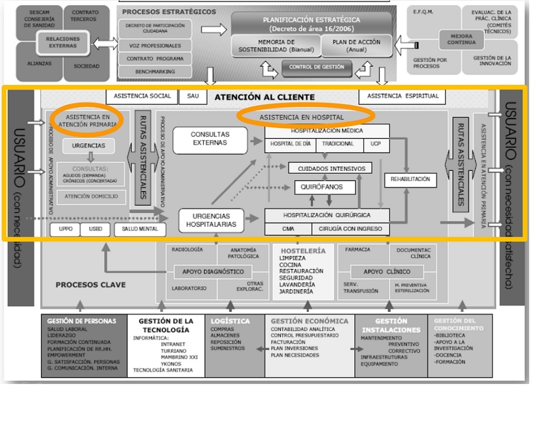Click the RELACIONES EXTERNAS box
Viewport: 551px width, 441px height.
pyautogui.click(x=63, y=42)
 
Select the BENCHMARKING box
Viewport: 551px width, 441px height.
pyautogui.click(x=155, y=72)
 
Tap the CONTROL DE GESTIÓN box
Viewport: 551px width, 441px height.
pyautogui.click(x=316, y=68)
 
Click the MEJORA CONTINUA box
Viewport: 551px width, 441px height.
pyautogui.click(x=462, y=40)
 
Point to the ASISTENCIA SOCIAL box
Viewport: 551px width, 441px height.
pyautogui.click(x=142, y=96)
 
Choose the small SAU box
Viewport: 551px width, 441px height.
pyautogui.click(x=192, y=96)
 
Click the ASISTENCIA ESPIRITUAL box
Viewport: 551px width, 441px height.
pyautogui.click(x=402, y=96)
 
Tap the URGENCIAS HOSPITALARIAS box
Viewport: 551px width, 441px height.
pyautogui.click(x=211, y=220)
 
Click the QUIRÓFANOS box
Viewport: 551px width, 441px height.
pyautogui.click(x=325, y=187)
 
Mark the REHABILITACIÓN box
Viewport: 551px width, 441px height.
pyautogui.click(x=411, y=179)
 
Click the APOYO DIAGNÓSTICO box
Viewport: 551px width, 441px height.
pyautogui.click(x=209, y=272)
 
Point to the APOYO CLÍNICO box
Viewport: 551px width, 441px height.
pyautogui.click(x=386, y=272)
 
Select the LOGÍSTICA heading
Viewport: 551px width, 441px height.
pyautogui.click(x=230, y=321)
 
